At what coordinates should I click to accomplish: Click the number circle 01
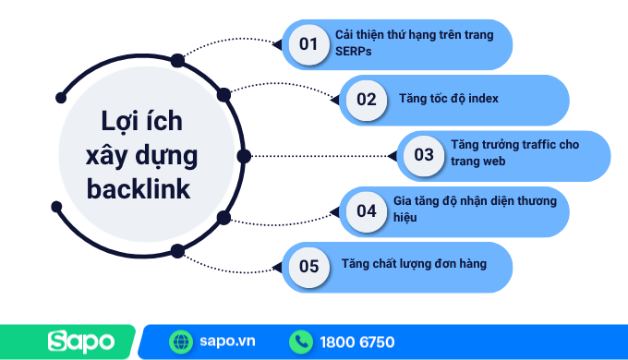click(x=308, y=43)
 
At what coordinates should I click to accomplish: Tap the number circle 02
click(x=366, y=100)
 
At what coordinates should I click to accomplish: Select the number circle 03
click(x=424, y=155)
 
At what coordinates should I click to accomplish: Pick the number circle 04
click(x=367, y=211)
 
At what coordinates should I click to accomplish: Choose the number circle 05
click(x=308, y=267)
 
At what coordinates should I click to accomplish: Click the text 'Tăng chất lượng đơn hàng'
click(x=414, y=265)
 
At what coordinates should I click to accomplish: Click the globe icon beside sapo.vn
click(x=180, y=342)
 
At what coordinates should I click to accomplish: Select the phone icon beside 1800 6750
click(x=301, y=342)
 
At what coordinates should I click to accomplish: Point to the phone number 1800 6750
click(x=356, y=342)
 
